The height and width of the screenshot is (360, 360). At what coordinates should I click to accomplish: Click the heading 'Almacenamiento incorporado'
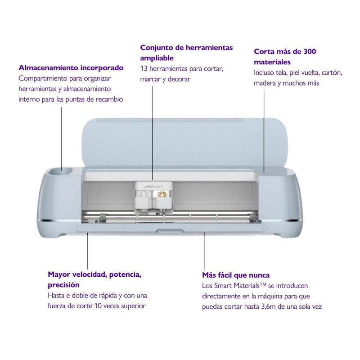pos(71,68)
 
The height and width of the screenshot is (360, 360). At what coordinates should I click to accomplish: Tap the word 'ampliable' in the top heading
pos(157,58)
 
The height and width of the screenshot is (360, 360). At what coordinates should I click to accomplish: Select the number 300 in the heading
pos(310,51)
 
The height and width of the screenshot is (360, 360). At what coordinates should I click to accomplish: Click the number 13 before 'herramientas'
pos(144,68)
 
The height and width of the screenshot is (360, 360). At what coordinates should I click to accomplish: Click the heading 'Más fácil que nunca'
pos(236,275)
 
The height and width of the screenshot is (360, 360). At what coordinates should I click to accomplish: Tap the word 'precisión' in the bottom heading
pos(63,285)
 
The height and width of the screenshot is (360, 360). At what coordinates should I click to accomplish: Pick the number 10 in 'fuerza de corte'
pos(98,306)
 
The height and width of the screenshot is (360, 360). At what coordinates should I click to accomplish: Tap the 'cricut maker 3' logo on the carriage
pos(153,186)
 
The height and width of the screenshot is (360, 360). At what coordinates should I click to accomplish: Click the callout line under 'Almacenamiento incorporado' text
pos(61,139)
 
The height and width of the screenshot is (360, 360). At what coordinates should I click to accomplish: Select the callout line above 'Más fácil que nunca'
pos(205,251)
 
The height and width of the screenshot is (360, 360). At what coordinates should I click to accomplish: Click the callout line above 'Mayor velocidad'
pos(87,251)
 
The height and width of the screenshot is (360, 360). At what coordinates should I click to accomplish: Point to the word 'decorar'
pos(179,79)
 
